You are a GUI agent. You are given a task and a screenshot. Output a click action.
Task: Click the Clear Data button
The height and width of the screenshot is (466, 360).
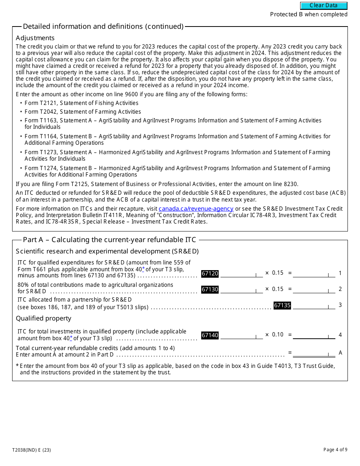[324, 6]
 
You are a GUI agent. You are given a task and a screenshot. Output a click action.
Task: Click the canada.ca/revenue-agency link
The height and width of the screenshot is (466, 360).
[196, 209]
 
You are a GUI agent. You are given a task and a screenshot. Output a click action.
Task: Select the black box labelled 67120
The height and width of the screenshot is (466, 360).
[210, 274]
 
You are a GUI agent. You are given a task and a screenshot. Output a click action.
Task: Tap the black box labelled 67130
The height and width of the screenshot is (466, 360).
[210, 289]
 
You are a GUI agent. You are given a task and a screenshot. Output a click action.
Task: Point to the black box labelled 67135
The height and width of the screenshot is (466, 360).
[282, 305]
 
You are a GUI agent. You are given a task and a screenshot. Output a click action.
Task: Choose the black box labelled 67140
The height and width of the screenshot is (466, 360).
[210, 335]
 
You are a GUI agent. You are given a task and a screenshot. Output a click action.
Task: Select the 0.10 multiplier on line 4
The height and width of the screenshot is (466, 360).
[277, 335]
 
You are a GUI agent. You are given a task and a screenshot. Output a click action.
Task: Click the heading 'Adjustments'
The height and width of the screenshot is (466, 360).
[35, 38]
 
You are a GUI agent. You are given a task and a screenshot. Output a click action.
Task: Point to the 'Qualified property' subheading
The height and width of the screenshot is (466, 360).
[44, 318]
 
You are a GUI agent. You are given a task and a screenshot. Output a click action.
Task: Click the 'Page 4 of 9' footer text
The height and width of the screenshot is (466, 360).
[335, 450]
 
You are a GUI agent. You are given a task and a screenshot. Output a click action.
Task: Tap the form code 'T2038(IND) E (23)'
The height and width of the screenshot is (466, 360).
[31, 450]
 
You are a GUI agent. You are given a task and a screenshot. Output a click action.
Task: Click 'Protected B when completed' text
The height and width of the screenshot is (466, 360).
[308, 14]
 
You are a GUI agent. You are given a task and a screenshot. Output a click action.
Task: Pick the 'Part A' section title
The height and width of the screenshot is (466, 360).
[110, 239]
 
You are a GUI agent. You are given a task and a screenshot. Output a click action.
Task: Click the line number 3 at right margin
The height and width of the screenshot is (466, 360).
[340, 305]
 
